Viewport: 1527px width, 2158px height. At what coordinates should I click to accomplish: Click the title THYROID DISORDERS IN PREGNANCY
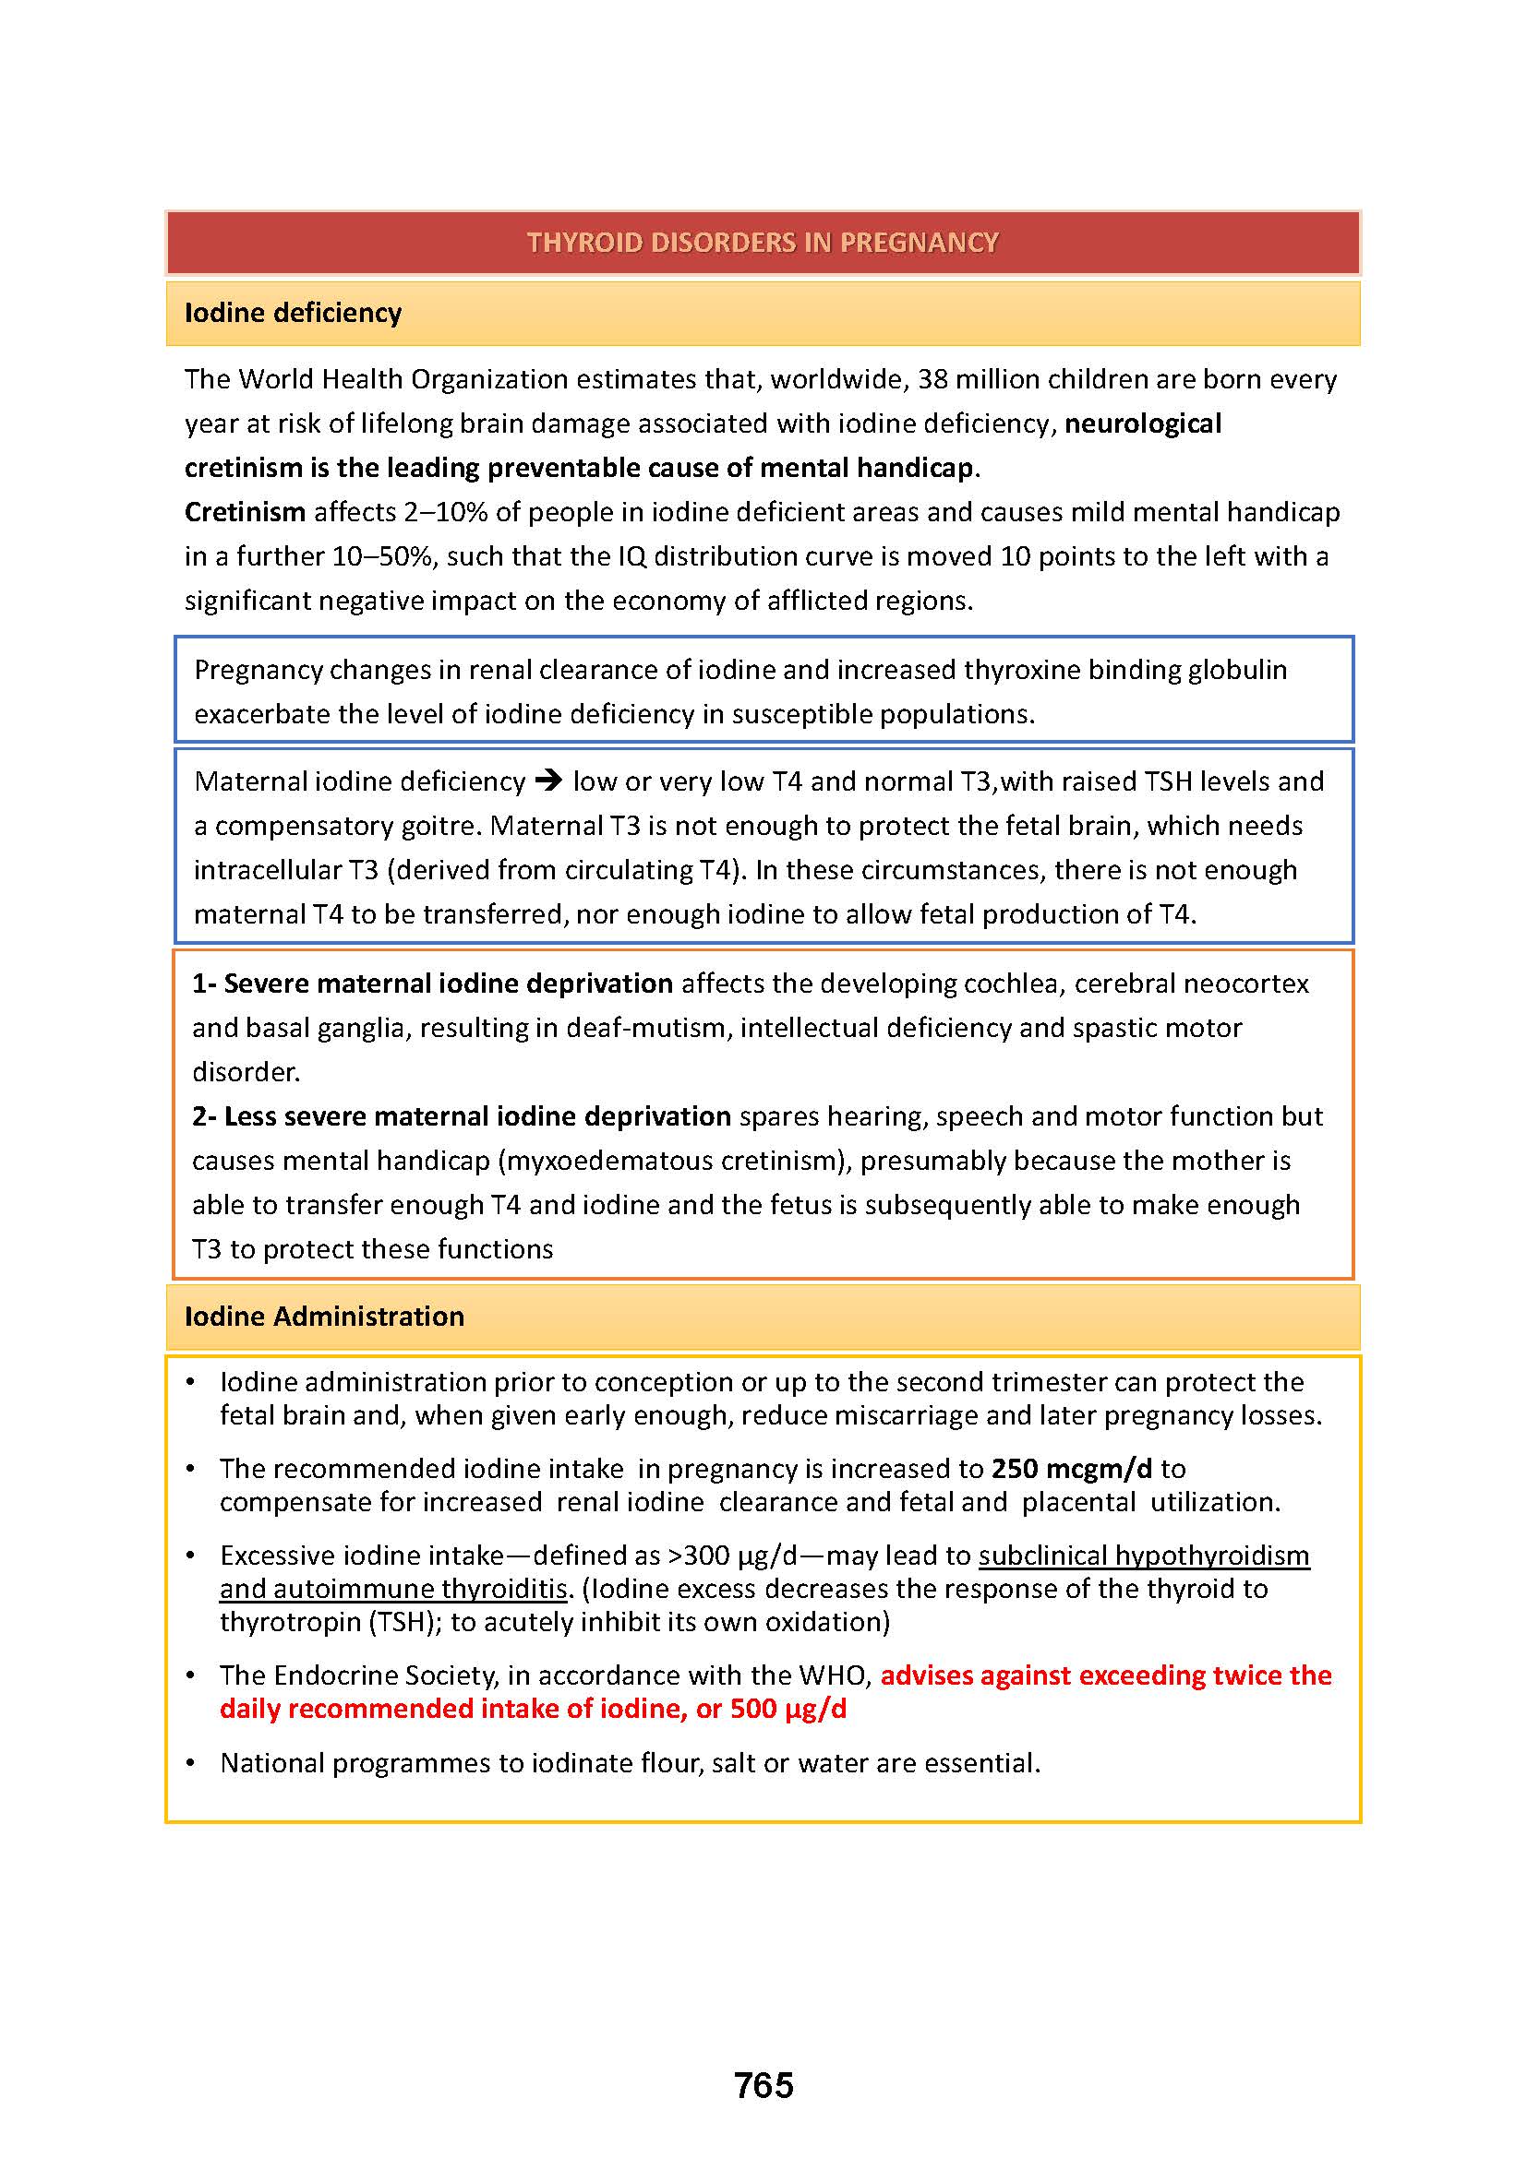(763, 243)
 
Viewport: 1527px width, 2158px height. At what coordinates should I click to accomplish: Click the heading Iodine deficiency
(293, 312)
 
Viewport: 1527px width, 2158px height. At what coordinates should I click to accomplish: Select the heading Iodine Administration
(323, 1316)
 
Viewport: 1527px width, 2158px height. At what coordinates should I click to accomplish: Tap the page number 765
(763, 2086)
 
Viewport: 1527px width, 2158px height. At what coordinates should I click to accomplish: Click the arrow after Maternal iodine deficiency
(548, 781)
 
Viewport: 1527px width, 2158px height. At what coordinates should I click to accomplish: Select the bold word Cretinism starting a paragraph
(245, 511)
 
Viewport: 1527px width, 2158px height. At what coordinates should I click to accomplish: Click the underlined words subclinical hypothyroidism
(1143, 1556)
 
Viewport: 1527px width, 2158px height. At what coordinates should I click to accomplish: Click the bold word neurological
(1142, 423)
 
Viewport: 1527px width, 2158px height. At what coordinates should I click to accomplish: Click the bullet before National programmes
(191, 1761)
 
